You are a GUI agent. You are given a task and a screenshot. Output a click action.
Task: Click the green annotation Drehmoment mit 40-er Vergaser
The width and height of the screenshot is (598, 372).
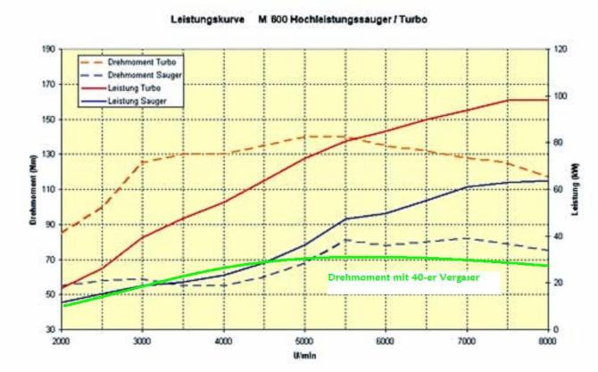click(403, 277)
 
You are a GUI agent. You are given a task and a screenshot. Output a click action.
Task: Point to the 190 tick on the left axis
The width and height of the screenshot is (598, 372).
click(47, 49)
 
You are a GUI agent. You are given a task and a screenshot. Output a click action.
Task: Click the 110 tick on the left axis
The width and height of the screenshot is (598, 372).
click(47, 190)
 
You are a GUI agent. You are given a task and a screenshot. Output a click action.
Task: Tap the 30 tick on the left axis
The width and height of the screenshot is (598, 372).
click(50, 330)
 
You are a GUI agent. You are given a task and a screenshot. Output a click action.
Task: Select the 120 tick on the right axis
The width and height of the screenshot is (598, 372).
click(560, 49)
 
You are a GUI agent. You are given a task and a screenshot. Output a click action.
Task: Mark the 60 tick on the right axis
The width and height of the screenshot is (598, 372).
click(558, 190)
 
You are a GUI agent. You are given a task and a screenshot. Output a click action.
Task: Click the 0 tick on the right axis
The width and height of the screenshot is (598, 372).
click(555, 330)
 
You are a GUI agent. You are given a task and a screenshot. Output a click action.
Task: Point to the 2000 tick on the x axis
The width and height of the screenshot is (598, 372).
click(61, 341)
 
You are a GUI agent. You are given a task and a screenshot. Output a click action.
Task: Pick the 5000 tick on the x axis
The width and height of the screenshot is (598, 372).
click(304, 341)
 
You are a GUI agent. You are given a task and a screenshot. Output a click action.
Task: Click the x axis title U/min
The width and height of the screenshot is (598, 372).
click(303, 354)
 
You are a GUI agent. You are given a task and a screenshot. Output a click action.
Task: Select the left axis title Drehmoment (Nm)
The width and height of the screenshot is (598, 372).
click(32, 190)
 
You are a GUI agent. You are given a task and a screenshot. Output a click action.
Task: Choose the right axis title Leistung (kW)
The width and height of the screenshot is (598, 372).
click(577, 190)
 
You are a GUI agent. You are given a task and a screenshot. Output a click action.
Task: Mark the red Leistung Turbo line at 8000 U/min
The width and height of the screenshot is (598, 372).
click(546, 100)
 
